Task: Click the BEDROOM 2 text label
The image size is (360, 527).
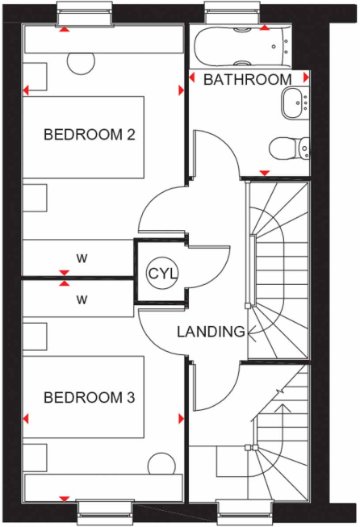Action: click(x=89, y=134)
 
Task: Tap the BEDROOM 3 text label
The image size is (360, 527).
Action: click(x=89, y=398)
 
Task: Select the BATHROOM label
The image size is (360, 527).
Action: click(x=247, y=80)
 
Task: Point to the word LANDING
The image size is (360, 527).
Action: click(x=211, y=332)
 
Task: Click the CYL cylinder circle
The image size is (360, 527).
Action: click(x=161, y=273)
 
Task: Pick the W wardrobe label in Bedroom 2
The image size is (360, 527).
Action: click(x=82, y=258)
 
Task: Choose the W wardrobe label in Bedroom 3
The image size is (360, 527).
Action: click(x=82, y=299)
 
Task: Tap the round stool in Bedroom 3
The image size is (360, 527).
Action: click(x=161, y=462)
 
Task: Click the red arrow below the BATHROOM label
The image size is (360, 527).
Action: click(x=265, y=172)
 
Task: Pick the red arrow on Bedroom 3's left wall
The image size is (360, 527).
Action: click(x=26, y=419)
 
